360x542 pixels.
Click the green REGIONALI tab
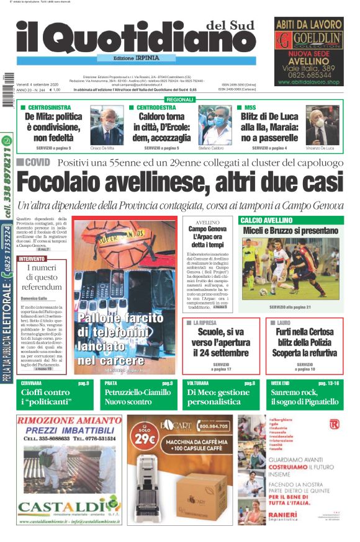[180, 99]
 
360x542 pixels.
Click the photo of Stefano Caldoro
[215, 127]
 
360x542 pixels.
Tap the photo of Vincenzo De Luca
[322, 127]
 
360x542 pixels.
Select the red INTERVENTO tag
[32, 258]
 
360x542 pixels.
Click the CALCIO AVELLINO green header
[266, 220]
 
